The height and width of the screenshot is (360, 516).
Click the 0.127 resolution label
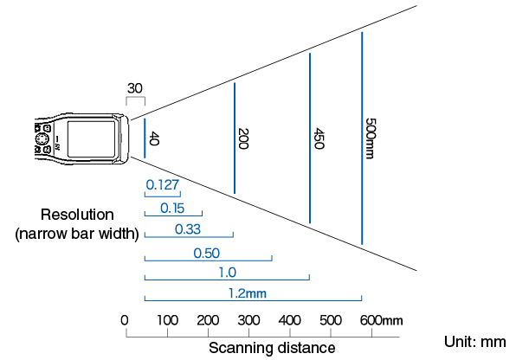[x=163, y=185]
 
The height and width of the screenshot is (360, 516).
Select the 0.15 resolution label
[x=172, y=209]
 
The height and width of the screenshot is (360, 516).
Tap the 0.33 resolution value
[x=188, y=229]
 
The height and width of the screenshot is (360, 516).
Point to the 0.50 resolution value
[x=206, y=254]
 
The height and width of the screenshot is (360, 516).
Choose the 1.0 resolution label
[x=228, y=273]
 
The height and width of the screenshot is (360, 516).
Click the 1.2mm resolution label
[x=248, y=293]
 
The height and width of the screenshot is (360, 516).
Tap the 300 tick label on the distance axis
[x=248, y=320]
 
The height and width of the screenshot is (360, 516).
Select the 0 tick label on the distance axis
[x=125, y=320]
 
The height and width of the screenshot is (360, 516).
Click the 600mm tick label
[x=382, y=320]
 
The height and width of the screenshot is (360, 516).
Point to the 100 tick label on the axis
[x=167, y=320]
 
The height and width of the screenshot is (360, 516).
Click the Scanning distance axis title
[x=272, y=348]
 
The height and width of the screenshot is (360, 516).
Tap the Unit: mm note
[x=474, y=342]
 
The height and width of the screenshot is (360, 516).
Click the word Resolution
[x=77, y=215]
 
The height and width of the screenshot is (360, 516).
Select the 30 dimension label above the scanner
[x=135, y=88]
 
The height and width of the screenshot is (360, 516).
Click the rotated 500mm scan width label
[x=371, y=138]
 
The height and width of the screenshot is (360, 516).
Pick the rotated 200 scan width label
[x=243, y=138]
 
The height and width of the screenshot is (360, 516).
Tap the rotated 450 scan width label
[x=319, y=138]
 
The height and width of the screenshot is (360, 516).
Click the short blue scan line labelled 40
[x=145, y=138]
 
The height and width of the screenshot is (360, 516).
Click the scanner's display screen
[x=92, y=138]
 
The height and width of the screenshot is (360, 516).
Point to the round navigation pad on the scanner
[x=42, y=139]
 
